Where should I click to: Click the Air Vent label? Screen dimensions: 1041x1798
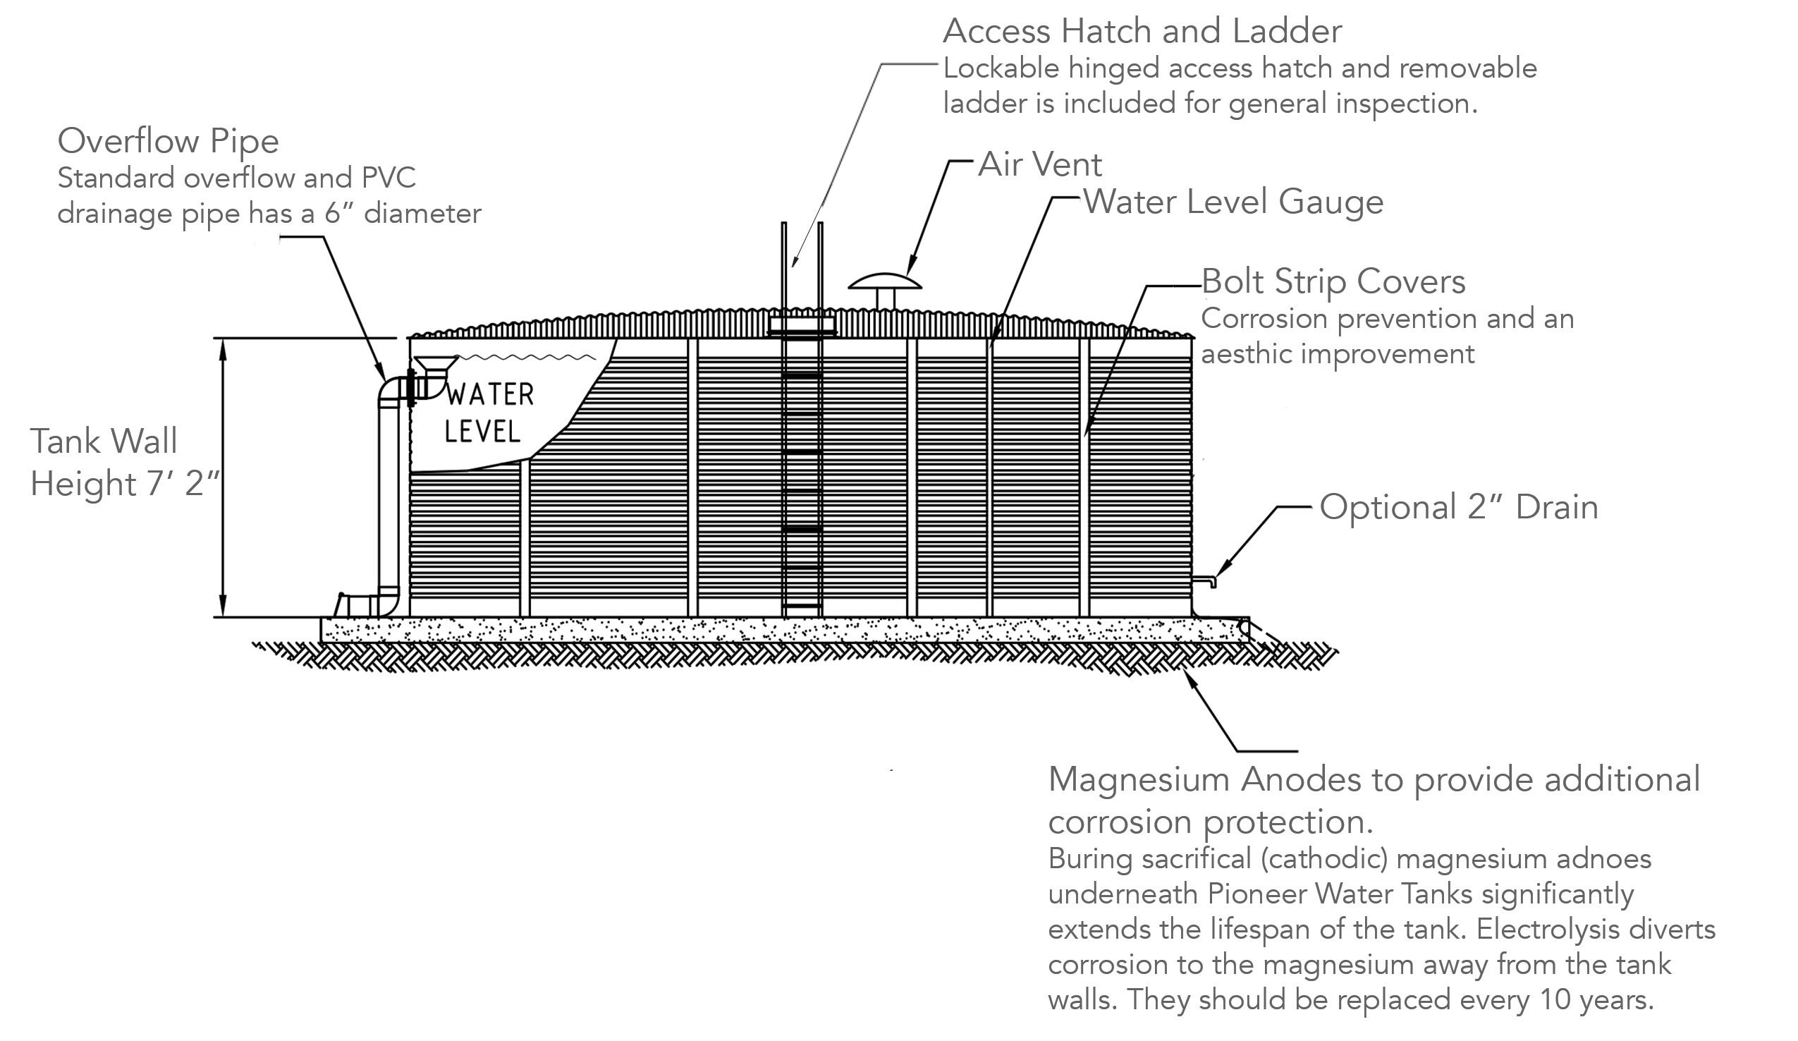point(1039,165)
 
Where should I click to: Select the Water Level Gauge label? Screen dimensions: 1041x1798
point(1234,202)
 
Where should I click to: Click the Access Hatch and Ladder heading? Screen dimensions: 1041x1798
point(1142,32)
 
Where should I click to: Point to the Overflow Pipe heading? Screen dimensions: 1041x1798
point(168,141)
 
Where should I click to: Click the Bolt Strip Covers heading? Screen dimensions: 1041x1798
point(1333,282)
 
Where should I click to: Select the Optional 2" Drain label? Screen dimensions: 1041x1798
point(1458,507)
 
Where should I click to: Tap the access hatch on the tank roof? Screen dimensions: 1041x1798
point(802,325)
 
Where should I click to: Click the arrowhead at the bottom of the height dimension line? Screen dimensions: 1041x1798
point(224,607)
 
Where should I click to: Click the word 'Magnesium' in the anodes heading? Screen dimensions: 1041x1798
point(1139,779)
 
